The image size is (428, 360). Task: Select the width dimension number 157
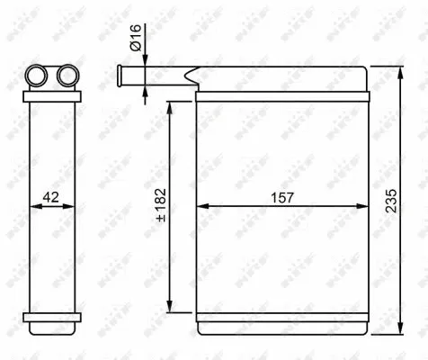pyautogui.click(x=281, y=196)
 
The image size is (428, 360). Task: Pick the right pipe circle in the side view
pyautogui.click(x=65, y=76)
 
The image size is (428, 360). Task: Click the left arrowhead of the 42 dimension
pyautogui.click(x=35, y=206)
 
